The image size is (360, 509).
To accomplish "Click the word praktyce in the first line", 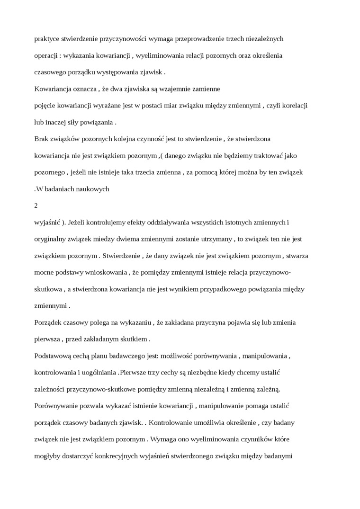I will tap(46, 38).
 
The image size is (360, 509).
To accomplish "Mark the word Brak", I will tap(42, 139).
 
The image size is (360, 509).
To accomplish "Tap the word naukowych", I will tap(94, 188).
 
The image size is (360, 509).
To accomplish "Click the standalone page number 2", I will tap(36, 205).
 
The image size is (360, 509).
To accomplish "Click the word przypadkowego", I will tap(215, 289).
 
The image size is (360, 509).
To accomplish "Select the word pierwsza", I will tap(48, 339).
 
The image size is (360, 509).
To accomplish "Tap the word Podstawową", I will tap(53, 356).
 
